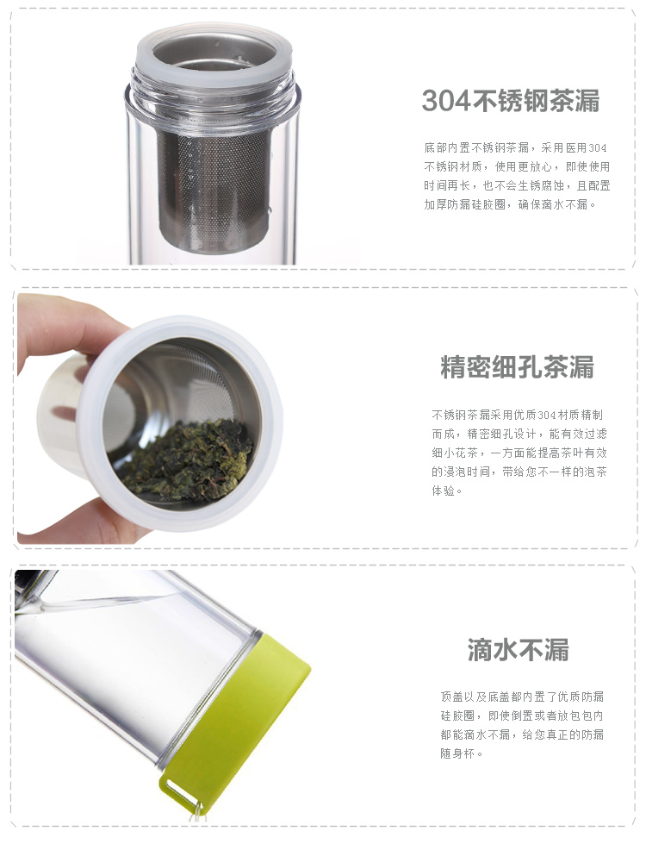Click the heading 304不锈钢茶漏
coord(511,101)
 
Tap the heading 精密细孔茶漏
coord(517,367)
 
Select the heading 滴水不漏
coord(519,650)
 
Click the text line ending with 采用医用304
coord(515,147)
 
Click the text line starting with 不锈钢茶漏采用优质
coord(517,415)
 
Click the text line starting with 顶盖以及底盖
coord(522,697)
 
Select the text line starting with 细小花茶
coord(519,453)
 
